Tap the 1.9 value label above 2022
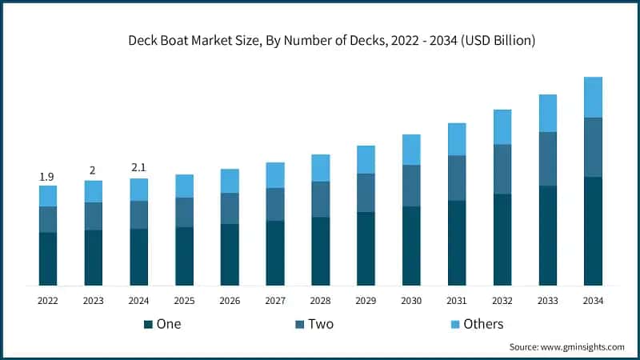click(x=48, y=176)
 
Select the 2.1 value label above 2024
click(x=139, y=167)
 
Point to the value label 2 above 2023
click(x=93, y=170)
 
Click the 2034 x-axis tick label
click(x=593, y=301)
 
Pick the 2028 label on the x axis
click(x=320, y=301)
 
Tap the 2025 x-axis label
click(x=184, y=301)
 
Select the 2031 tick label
click(x=457, y=301)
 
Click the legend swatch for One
click(x=148, y=324)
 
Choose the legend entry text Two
click(x=321, y=324)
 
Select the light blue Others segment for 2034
click(x=593, y=97)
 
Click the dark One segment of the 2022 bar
click(x=48, y=258)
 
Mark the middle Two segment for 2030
click(x=411, y=186)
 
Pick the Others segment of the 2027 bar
click(x=275, y=174)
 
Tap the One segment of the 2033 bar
click(x=547, y=235)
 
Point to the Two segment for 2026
click(x=230, y=208)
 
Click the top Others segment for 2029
click(x=366, y=159)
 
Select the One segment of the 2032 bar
click(x=502, y=239)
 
